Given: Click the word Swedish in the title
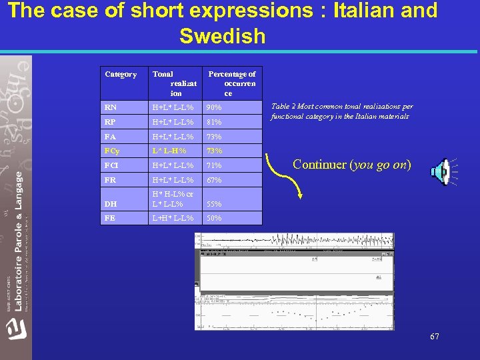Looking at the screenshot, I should (222, 35).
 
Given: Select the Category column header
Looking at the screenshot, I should (121, 75).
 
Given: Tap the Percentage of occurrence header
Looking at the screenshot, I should (231, 83).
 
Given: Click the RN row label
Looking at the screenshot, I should (111, 107).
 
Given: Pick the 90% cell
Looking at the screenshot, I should (213, 107).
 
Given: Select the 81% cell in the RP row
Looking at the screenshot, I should (213, 122).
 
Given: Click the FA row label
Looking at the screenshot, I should (111, 137).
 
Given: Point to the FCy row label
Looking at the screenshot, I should (112, 151).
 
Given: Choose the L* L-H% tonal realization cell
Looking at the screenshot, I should (169, 151).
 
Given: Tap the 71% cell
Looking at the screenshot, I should (213, 165).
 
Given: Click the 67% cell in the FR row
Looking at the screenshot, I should (213, 180).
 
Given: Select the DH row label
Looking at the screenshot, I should (111, 203).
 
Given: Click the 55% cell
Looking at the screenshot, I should (213, 203).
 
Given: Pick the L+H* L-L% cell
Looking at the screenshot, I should (173, 218).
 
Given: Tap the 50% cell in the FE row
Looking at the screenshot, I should (213, 218).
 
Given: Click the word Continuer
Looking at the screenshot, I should (319, 164).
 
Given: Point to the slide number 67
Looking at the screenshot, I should (434, 337).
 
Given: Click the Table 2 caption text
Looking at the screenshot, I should (342, 111).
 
